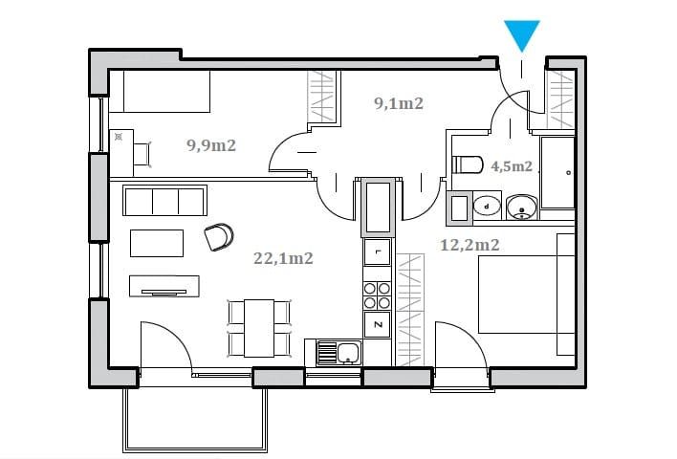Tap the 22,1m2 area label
[x=283, y=258]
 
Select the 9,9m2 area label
[x=211, y=145]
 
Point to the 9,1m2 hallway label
[x=399, y=103]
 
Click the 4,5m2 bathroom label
[x=512, y=166]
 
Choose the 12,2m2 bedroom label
[x=470, y=245]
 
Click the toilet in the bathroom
[x=468, y=164]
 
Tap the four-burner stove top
[x=378, y=295]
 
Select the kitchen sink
[x=339, y=353]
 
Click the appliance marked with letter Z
[x=378, y=325]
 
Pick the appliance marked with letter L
[x=378, y=251]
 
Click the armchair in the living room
[x=219, y=236]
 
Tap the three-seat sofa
[x=164, y=201]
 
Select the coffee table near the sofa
[x=157, y=243]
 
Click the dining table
[x=259, y=328]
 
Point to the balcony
[x=195, y=420]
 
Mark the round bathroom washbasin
[x=521, y=208]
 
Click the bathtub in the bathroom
[x=557, y=173]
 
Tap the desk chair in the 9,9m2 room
[x=142, y=154]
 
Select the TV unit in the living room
[x=164, y=286]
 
